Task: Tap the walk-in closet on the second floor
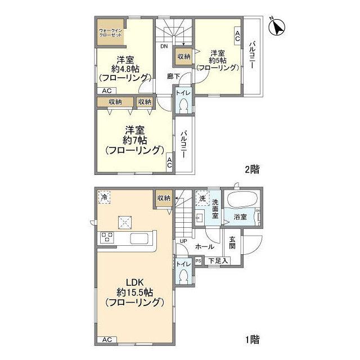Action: tap(110, 32)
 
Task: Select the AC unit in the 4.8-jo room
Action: tap(106, 91)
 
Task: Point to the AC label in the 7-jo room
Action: tap(169, 163)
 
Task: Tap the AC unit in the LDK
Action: tap(107, 340)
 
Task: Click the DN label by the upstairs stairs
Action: tap(164, 46)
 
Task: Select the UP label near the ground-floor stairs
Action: tap(183, 241)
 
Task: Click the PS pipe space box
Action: tap(199, 261)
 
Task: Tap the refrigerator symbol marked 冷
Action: tap(104, 197)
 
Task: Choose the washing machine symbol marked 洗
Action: tap(202, 198)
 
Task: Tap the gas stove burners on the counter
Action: tap(107, 237)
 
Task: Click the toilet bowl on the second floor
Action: tap(183, 106)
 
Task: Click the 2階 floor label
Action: tap(252, 170)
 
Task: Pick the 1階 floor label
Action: tap(253, 340)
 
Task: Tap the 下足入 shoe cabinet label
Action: tap(218, 261)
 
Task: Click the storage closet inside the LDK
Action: tap(164, 198)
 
